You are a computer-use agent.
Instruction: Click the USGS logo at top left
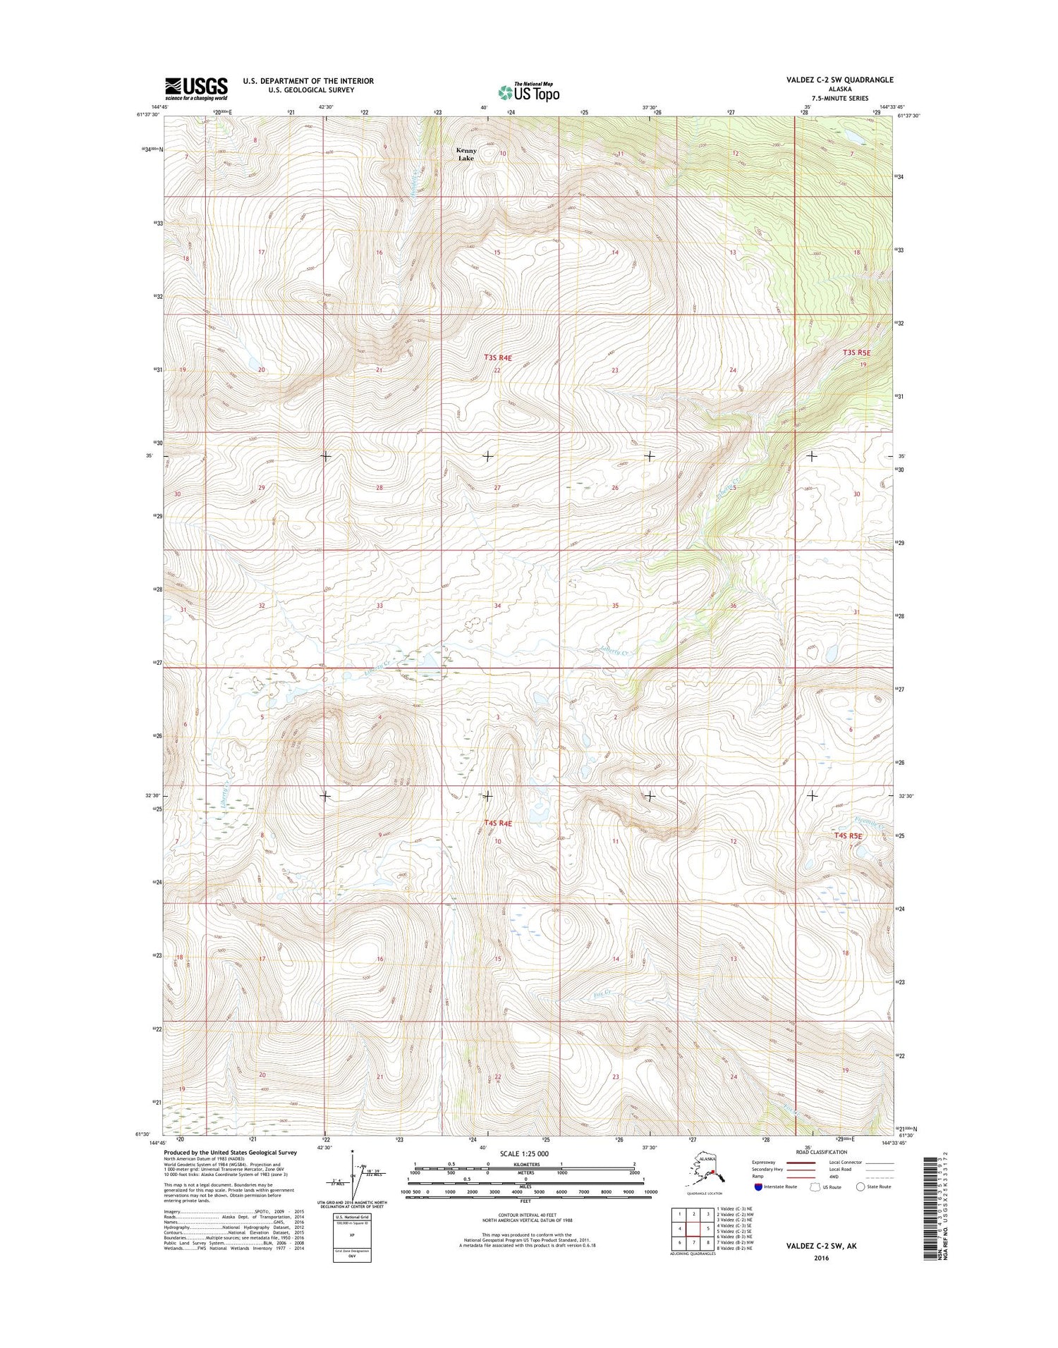(196, 88)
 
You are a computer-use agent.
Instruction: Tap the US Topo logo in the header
(529, 91)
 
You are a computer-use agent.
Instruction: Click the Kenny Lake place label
(466, 154)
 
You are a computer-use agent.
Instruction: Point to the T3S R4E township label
(497, 358)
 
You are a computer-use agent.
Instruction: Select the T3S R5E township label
(857, 352)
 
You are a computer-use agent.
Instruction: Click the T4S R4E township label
(497, 823)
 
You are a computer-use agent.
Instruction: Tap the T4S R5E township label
(848, 835)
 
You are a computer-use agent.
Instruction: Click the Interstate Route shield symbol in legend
(758, 1187)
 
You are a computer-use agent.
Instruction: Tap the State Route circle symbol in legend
(861, 1187)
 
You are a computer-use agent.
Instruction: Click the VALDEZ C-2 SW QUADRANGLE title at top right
(839, 80)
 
